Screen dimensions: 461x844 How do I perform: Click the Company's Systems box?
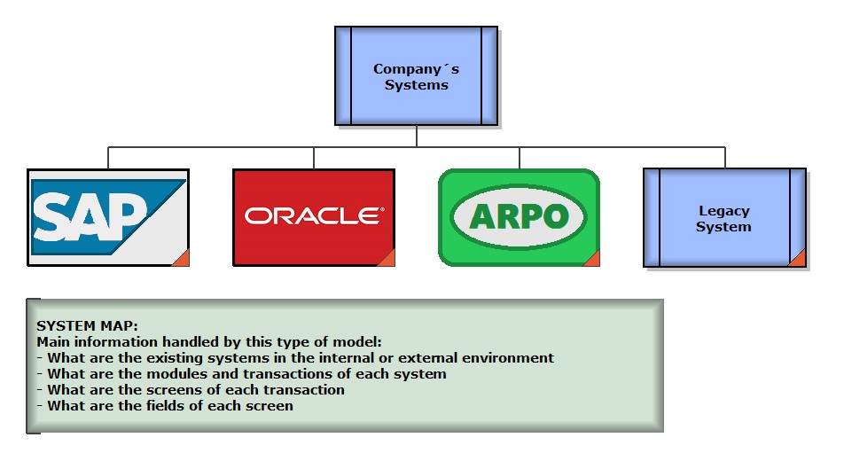tap(415, 75)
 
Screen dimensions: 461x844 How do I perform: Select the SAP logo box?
tap(108, 217)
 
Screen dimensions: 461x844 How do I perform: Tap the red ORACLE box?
tap(313, 217)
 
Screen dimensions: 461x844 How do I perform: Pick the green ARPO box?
tap(519, 217)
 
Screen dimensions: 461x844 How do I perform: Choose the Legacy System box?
tap(723, 218)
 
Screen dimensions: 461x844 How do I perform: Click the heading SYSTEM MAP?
tap(87, 326)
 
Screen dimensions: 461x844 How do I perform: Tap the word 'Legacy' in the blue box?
tap(723, 211)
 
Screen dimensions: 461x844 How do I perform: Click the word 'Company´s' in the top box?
tap(416, 69)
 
